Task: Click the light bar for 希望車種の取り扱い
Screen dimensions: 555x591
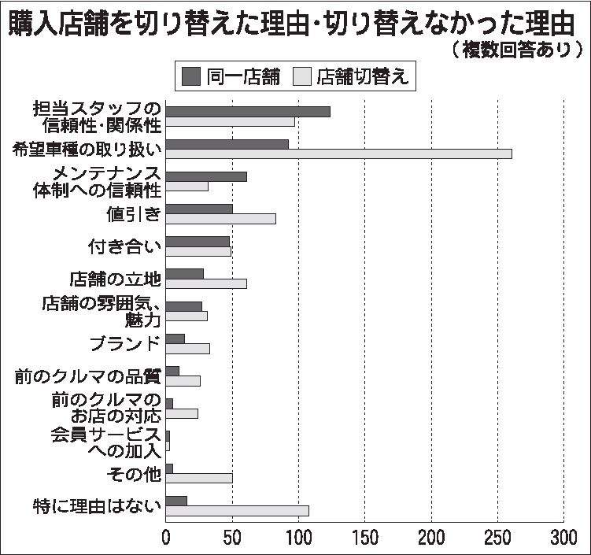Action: [338, 154]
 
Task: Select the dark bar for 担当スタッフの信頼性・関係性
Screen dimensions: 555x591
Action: [248, 111]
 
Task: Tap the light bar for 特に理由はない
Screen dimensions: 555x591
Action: [237, 510]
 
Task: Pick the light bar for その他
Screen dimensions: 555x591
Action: [199, 478]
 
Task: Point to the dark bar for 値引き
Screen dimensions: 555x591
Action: [199, 208]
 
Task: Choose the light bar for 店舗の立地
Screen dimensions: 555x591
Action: [206, 283]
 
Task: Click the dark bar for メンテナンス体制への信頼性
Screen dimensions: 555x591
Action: [206, 176]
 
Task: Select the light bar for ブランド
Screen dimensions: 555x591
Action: [188, 348]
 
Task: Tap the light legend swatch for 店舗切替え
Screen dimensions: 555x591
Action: [302, 76]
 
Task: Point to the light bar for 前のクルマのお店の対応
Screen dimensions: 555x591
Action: [182, 413]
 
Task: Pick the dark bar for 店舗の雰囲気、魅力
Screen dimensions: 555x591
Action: [184, 305]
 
